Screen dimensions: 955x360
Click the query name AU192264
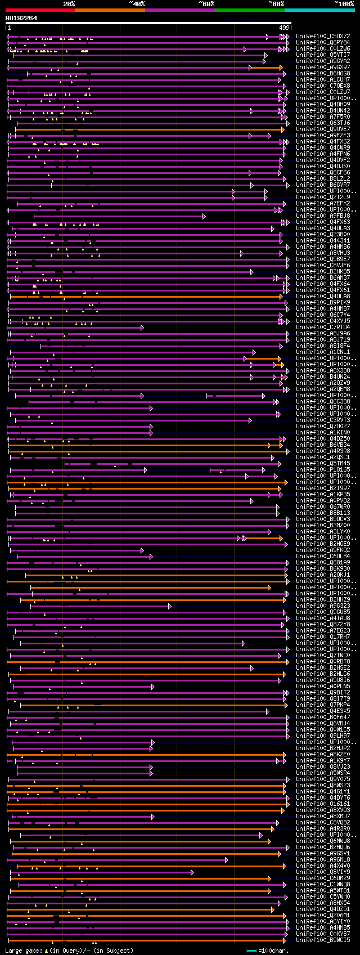(21, 18)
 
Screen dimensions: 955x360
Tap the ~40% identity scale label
(137, 4)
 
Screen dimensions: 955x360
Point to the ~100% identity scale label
(344, 4)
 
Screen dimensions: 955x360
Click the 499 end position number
(284, 28)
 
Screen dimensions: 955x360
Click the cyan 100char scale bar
(251, 950)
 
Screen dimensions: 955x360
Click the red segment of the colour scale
(40, 10)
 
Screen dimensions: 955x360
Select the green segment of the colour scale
(249, 10)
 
